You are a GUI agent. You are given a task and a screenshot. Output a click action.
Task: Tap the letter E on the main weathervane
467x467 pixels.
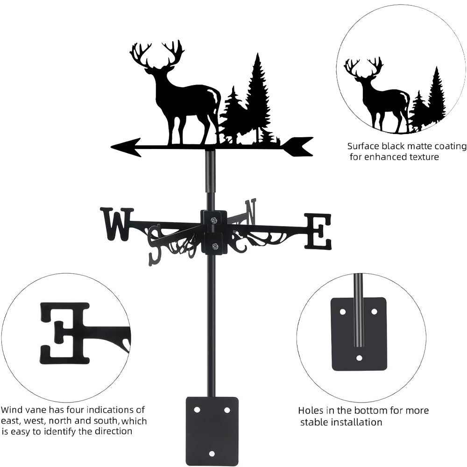318,231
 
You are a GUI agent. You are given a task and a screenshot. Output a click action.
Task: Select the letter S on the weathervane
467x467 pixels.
156,245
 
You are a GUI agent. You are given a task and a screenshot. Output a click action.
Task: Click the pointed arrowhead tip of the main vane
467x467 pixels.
112,147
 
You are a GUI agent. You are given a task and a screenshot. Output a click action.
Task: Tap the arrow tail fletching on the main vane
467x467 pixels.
298,147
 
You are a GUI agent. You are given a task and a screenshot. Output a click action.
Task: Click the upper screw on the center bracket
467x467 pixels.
213,220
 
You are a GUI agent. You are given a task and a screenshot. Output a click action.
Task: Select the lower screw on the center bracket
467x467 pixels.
214,246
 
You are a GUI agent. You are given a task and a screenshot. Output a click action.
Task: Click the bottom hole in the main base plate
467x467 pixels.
212,453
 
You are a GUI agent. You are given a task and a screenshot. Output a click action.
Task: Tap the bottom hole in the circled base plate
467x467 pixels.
360,358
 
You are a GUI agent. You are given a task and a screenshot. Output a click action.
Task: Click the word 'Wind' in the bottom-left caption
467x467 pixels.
12,410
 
